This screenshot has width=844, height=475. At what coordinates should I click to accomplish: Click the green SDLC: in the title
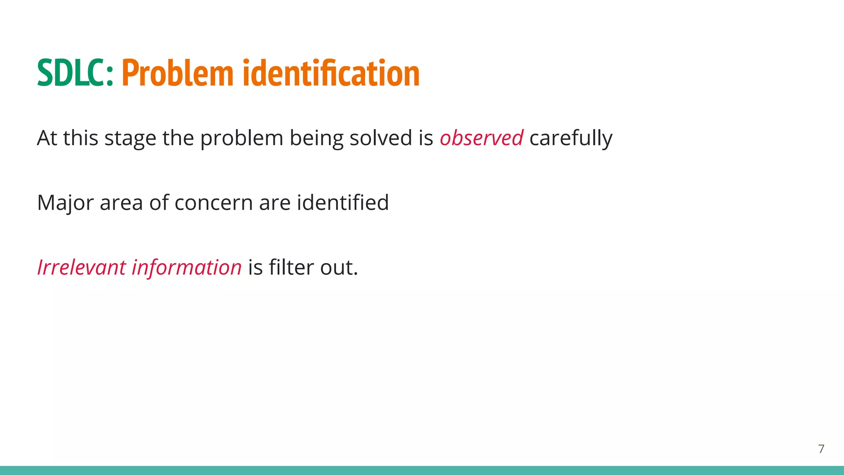tap(75, 73)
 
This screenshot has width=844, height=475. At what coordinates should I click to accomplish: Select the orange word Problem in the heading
tap(178, 73)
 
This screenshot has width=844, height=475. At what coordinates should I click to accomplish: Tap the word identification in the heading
tap(331, 73)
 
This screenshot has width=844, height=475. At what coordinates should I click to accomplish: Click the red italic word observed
tap(481, 138)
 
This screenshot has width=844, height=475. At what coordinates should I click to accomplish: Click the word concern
tap(213, 203)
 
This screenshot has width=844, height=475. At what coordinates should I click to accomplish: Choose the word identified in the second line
tap(342, 202)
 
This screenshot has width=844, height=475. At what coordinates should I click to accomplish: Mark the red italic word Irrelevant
tap(81, 267)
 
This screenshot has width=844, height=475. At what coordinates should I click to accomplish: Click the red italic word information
tap(186, 267)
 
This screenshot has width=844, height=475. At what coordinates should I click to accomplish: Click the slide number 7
tap(821, 449)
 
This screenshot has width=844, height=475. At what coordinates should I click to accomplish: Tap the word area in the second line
tap(121, 203)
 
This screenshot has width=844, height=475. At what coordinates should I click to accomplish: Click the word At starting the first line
tap(47, 138)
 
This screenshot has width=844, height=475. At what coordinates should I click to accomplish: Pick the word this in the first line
tap(80, 138)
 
